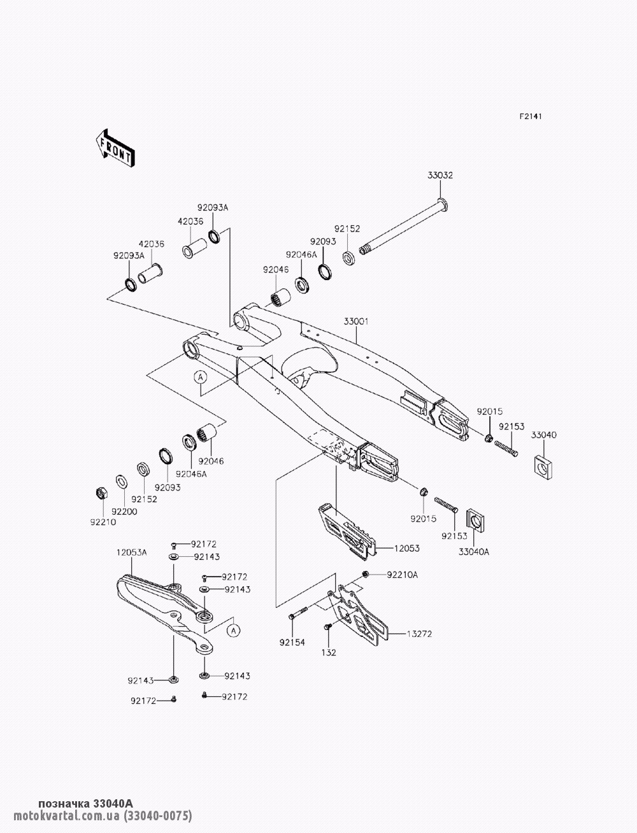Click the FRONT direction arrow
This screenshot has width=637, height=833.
click(x=115, y=148)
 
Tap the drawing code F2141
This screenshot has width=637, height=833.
click(x=531, y=116)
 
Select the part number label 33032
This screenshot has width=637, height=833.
click(x=440, y=176)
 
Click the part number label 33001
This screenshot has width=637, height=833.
click(x=356, y=321)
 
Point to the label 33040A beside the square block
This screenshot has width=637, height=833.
click(x=474, y=552)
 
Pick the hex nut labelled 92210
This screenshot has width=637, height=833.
click(x=101, y=493)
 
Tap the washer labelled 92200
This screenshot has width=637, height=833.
click(x=122, y=482)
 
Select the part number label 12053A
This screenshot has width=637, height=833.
click(x=131, y=552)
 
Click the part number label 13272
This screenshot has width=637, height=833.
click(x=419, y=634)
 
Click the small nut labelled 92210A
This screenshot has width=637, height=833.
click(x=365, y=574)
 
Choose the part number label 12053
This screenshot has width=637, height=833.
click(x=407, y=548)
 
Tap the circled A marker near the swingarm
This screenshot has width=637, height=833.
click(x=201, y=377)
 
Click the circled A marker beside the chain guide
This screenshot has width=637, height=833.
click(x=234, y=631)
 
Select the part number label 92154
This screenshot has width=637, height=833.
click(x=292, y=643)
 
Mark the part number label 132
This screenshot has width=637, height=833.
click(x=329, y=652)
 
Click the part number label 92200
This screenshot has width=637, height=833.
click(x=125, y=512)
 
